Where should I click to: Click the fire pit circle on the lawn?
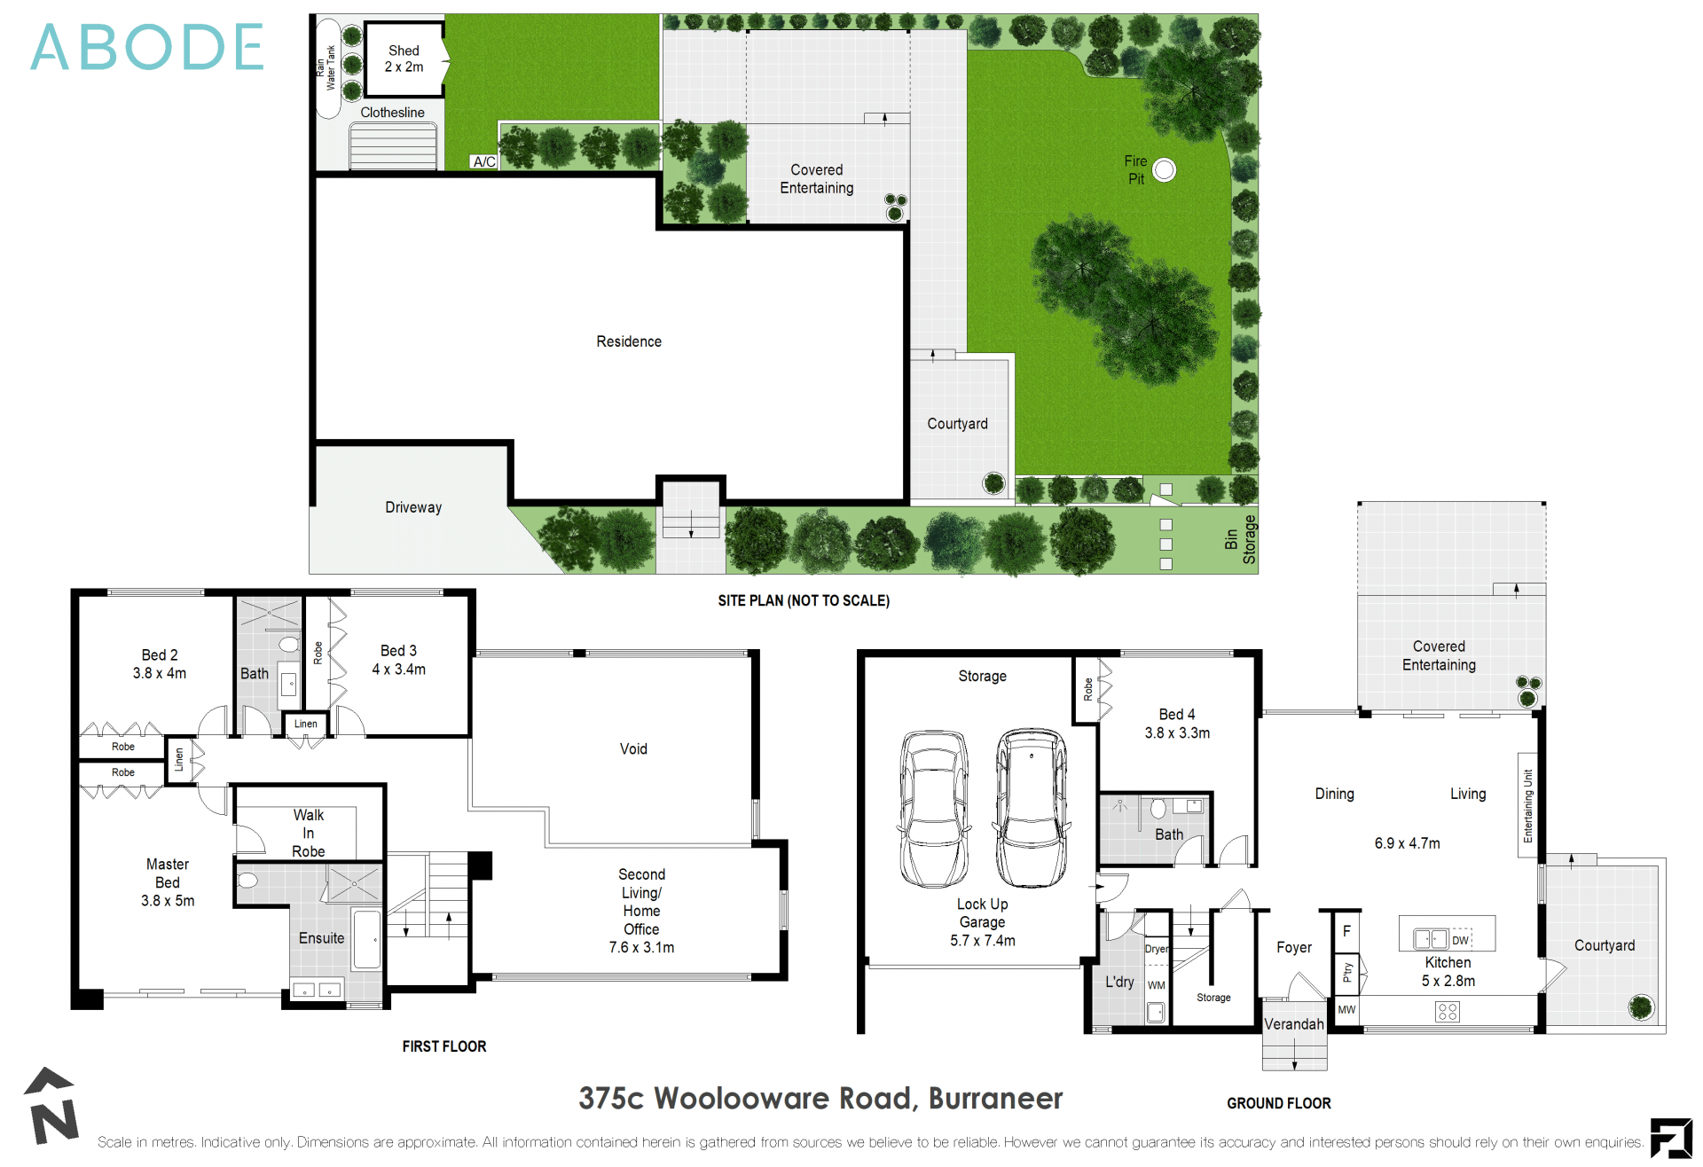[1164, 170]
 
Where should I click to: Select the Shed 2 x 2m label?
[404, 59]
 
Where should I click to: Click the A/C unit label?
[484, 161]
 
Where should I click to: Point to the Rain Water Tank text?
[326, 67]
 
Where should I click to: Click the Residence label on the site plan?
[629, 341]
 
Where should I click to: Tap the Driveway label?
[413, 507]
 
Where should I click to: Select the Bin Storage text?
[1240, 539]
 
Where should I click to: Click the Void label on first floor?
[633, 749]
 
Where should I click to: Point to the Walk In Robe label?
[308, 833]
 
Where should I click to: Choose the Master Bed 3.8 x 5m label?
[168, 882]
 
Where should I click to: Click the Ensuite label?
[321, 938]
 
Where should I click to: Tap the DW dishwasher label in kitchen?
[1460, 940]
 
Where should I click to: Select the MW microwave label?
[1346, 1009]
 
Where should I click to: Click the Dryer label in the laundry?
[1157, 949]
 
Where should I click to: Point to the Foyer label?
[1294, 948]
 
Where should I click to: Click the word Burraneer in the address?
[995, 1099]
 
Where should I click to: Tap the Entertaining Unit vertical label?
[1527, 805]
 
